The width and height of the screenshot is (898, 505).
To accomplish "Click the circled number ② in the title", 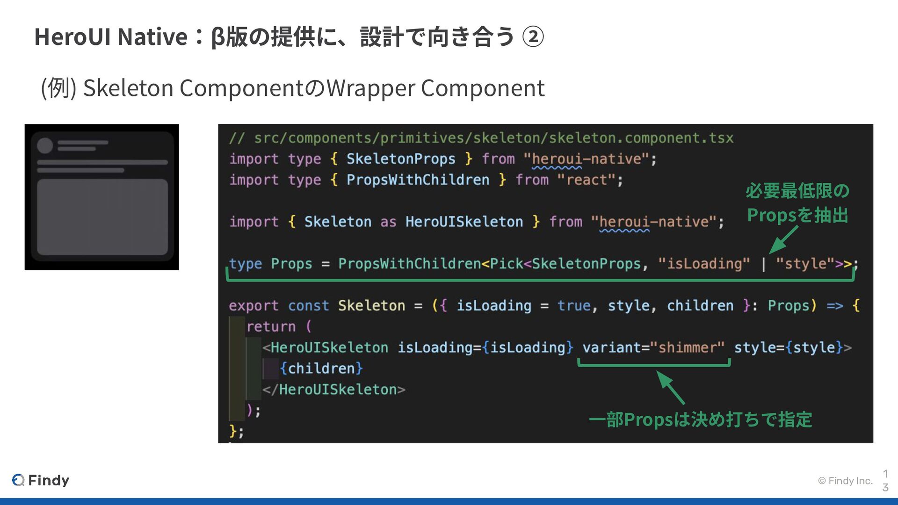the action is [533, 37].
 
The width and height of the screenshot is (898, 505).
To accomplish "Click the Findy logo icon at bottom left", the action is [18, 480].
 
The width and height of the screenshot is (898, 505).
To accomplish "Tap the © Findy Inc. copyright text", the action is [845, 481].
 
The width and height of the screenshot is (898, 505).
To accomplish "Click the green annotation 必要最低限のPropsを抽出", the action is [797, 203].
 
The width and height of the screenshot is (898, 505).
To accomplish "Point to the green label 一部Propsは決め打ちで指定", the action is [700, 419].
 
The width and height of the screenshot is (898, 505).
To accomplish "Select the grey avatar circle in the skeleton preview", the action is [45, 145].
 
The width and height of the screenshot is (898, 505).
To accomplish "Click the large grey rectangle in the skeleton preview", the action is [102, 217].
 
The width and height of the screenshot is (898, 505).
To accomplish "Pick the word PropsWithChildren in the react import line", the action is [418, 180].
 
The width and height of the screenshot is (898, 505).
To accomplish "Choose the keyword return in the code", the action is [271, 326].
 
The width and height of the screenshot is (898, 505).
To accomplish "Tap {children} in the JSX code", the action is [321, 368].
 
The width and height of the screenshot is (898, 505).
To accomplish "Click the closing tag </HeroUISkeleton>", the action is [333, 390].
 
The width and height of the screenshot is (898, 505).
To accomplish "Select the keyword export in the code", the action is [253, 306].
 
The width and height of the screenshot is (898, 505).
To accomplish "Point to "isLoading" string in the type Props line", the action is [704, 264].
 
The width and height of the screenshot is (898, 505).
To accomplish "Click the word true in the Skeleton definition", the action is [574, 306].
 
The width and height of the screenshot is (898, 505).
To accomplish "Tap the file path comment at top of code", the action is [481, 138].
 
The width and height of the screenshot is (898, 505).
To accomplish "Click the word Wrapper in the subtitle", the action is [370, 88].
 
